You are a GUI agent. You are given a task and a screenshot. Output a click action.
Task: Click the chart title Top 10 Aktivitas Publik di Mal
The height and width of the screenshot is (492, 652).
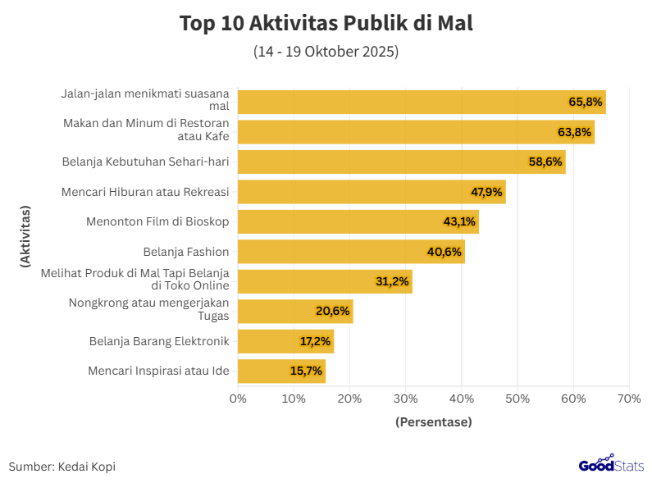[326, 24]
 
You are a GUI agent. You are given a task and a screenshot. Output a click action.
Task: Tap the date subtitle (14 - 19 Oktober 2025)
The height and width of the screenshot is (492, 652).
[326, 52]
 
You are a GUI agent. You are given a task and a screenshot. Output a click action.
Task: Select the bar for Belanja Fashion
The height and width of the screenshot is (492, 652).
[351, 252]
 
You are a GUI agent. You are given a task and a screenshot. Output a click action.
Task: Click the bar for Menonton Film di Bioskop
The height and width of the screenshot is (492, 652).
[358, 221]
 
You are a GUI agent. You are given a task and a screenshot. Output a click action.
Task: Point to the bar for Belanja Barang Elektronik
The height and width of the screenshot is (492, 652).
[285, 341]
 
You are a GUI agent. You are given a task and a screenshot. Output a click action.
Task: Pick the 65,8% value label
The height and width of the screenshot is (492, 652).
[586, 102]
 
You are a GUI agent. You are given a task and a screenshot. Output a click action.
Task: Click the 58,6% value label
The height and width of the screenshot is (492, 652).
[545, 162]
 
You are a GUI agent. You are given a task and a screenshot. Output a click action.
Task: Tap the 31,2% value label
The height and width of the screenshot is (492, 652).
[392, 281]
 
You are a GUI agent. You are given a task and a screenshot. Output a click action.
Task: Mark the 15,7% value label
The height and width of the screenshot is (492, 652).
[306, 371]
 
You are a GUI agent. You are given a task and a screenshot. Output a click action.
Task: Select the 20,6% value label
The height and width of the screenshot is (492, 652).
[333, 311]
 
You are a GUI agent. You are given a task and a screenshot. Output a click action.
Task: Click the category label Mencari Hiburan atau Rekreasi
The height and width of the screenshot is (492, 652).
[145, 192]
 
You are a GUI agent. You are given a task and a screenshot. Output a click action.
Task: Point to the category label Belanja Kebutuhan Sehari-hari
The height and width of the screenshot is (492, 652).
[145, 162]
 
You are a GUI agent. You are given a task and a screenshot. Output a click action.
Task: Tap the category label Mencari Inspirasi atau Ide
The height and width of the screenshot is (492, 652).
[158, 371]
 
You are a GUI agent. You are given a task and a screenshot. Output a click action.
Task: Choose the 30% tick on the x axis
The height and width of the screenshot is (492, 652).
[406, 399]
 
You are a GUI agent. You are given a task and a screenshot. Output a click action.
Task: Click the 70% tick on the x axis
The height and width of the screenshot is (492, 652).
[629, 399]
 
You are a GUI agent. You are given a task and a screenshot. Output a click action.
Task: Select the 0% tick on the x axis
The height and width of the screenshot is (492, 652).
[238, 399]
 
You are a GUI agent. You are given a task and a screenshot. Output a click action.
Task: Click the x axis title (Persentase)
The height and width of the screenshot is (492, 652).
[433, 422]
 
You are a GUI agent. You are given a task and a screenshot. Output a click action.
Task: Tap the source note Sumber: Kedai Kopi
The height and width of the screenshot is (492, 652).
[62, 467]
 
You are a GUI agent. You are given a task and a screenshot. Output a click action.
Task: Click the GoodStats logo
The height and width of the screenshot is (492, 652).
[611, 466]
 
